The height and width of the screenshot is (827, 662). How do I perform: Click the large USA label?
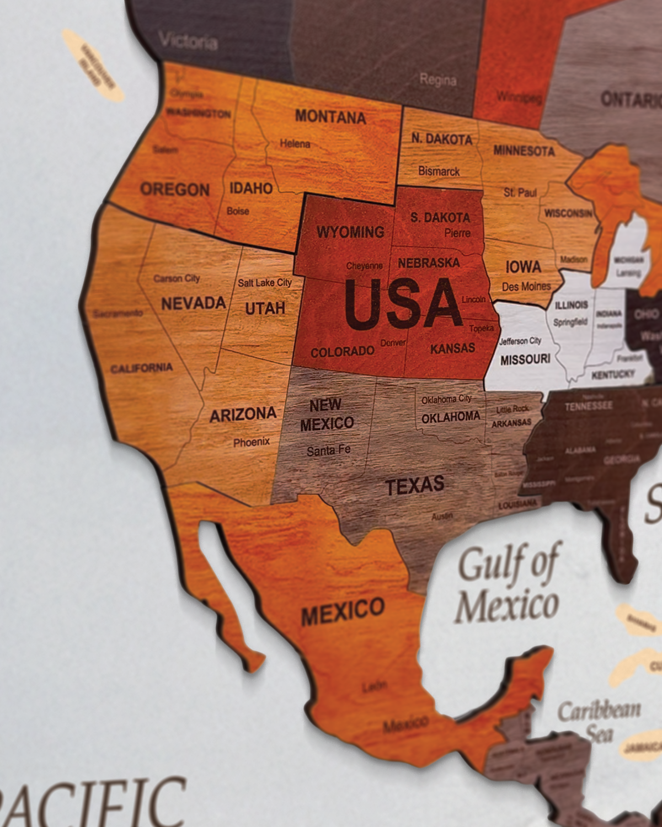(x=403, y=304)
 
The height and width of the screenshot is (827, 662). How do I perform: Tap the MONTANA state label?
(x=330, y=116)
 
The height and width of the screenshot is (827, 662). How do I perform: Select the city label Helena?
(x=295, y=144)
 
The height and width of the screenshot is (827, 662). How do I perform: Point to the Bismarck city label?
(x=439, y=171)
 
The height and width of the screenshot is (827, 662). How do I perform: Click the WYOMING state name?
(x=350, y=232)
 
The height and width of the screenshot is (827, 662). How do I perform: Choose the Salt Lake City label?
(x=265, y=283)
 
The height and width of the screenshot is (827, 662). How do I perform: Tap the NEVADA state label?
(x=193, y=303)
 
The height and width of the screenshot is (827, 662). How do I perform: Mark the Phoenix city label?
(x=252, y=442)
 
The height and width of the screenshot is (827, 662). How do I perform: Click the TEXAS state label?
(x=415, y=486)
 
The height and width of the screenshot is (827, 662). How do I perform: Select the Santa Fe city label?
(x=328, y=450)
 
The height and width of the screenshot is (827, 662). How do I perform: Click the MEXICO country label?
(x=343, y=611)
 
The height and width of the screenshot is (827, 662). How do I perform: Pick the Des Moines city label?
(x=526, y=287)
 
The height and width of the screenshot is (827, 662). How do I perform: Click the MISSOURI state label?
(x=525, y=359)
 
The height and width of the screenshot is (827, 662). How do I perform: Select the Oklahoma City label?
(x=447, y=399)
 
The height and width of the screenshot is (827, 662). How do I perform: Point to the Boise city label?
(x=238, y=211)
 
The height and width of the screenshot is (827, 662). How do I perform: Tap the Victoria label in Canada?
(x=188, y=41)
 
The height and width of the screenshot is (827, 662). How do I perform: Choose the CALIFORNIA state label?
(x=142, y=368)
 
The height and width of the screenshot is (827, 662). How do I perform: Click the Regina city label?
(x=438, y=80)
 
